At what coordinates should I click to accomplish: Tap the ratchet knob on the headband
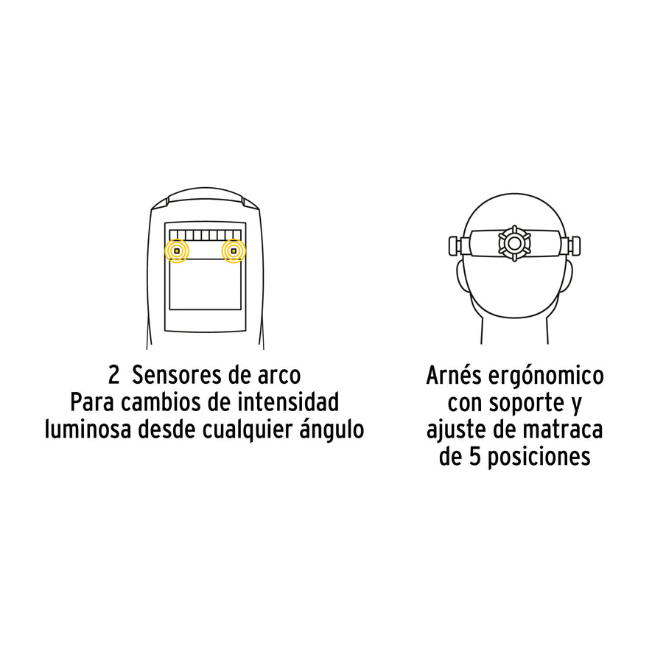point(514,243)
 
